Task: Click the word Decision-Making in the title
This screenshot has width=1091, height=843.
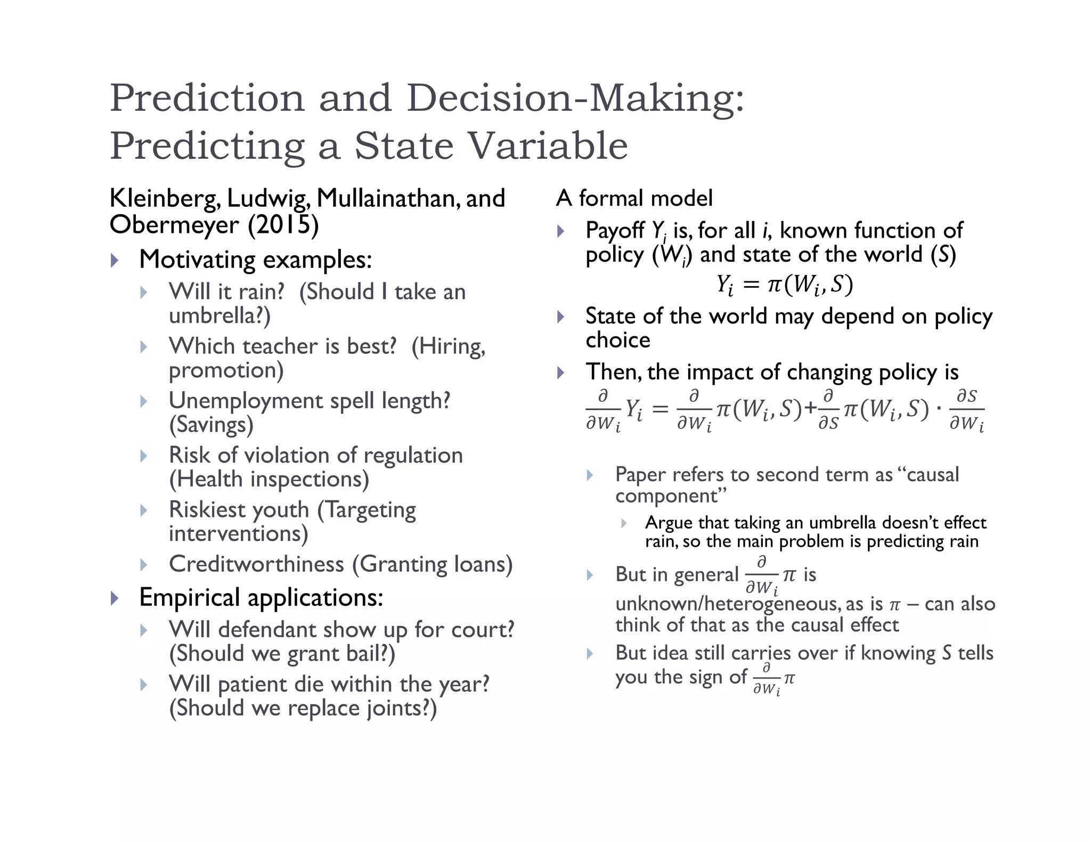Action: (575, 99)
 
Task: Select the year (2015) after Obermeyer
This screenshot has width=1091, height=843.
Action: (283, 225)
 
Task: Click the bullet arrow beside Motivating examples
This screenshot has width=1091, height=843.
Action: (115, 261)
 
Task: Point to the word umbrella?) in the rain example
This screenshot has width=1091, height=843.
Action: (219, 316)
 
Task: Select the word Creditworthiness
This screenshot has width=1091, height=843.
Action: (257, 564)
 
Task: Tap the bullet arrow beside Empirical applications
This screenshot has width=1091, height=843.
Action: (115, 598)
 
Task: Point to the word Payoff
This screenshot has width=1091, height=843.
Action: (615, 231)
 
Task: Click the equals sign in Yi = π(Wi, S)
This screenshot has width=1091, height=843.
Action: (750, 285)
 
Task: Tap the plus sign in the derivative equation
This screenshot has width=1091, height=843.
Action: (810, 409)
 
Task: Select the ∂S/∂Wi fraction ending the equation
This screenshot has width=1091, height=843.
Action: (966, 410)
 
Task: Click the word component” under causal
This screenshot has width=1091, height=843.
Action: (671, 496)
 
